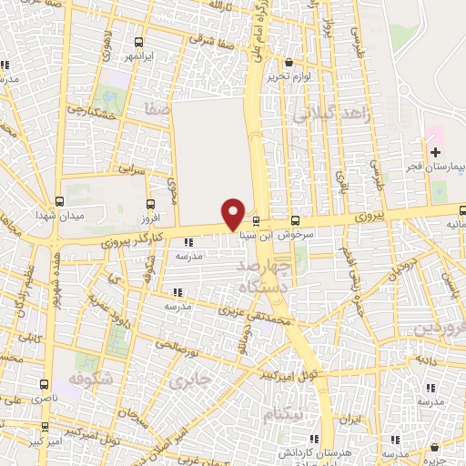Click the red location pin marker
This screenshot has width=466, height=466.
(x=234, y=214)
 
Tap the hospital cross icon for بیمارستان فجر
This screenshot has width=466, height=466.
(x=436, y=151)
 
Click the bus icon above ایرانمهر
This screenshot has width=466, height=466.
(x=137, y=42)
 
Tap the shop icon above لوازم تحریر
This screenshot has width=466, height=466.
(x=289, y=63)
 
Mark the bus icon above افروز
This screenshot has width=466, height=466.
(x=150, y=204)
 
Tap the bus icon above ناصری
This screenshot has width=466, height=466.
(x=46, y=385)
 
